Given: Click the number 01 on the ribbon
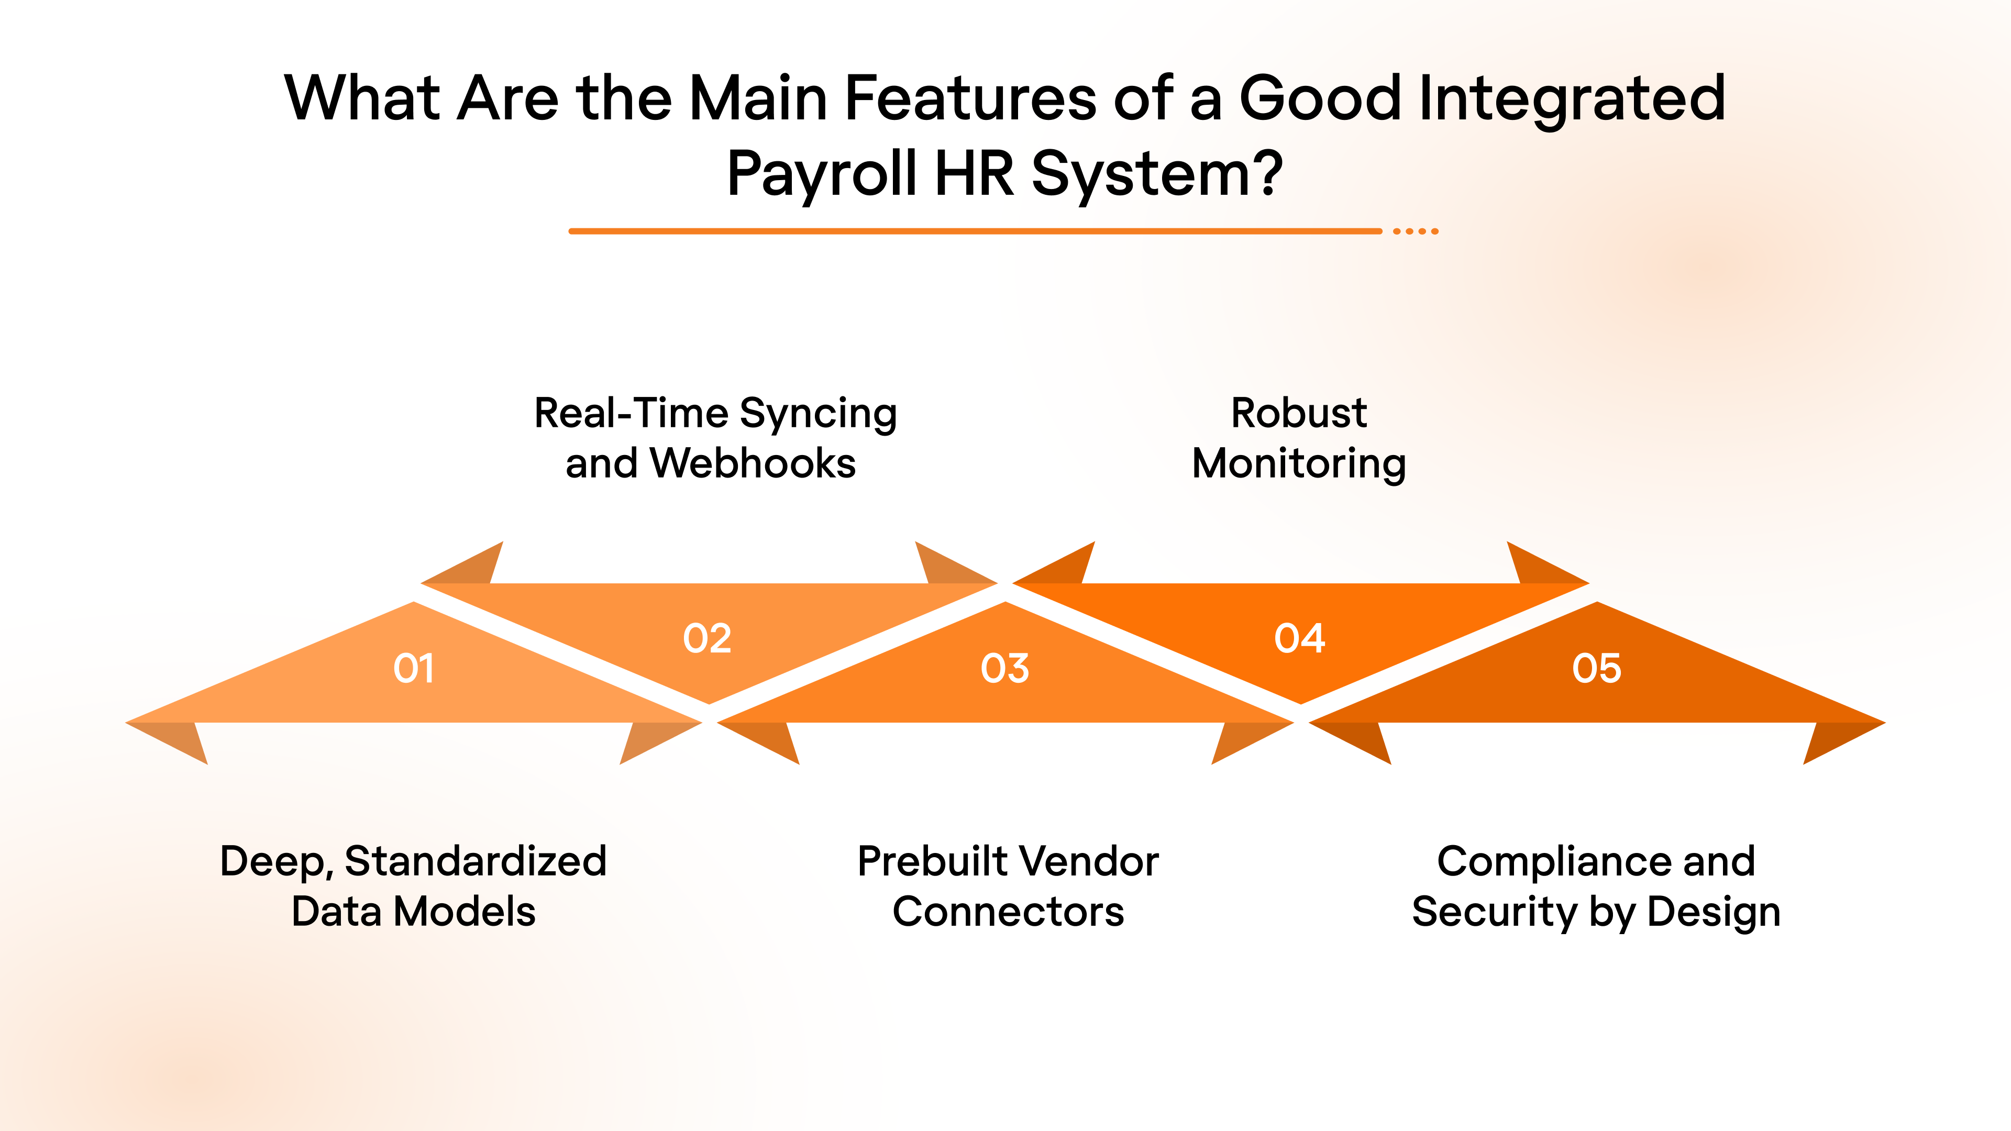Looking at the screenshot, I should coord(414,668).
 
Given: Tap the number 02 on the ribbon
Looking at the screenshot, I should coord(708,638).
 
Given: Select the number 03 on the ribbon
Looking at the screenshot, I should coord(1005,668).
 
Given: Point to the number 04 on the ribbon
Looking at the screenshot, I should coord(1300,638).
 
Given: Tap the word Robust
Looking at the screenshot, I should coord(1299,413).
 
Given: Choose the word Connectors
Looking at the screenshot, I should coord(1008,912).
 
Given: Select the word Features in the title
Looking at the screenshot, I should coord(970,98).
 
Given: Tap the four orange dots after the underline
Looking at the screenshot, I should coord(1416,231).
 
